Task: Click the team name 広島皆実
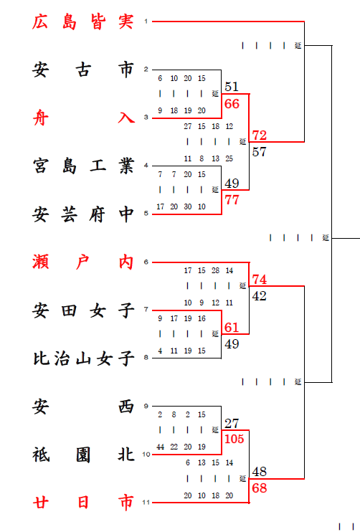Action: (82, 22)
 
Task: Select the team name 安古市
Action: (82, 70)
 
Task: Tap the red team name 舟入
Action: (82, 118)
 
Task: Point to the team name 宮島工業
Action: (82, 166)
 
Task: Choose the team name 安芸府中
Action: (82, 214)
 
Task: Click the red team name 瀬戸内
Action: (82, 262)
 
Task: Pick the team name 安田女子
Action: (82, 310)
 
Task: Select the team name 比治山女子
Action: (82, 358)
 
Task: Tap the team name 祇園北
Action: (82, 455)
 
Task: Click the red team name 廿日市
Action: (82, 503)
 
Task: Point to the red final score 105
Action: (234, 439)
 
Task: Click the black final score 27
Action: (232, 424)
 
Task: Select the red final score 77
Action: (232, 200)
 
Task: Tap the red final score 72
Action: (259, 136)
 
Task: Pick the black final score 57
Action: (259, 152)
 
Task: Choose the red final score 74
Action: (259, 280)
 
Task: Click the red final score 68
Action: (259, 488)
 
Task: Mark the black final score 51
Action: (232, 87)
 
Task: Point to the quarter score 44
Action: (160, 447)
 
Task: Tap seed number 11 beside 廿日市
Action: (146, 503)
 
